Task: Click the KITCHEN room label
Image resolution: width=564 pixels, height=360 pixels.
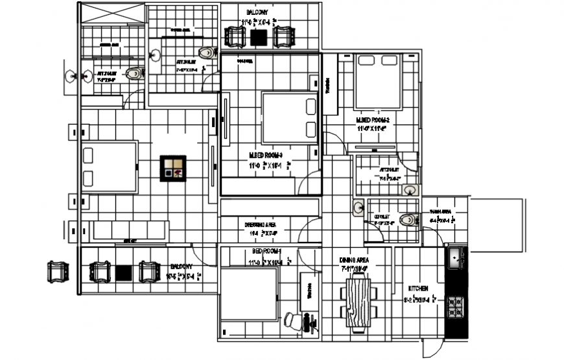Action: pyautogui.click(x=417, y=288)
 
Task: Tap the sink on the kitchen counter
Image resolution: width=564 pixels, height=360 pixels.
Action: pyautogui.click(x=456, y=259)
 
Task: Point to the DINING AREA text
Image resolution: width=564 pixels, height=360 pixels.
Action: pyautogui.click(x=353, y=260)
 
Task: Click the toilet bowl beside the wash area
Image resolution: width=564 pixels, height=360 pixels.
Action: pyautogui.click(x=408, y=220)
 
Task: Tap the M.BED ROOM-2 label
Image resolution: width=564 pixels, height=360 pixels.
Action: pyautogui.click(x=372, y=121)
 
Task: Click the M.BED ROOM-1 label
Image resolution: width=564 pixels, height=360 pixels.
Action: pyautogui.click(x=266, y=156)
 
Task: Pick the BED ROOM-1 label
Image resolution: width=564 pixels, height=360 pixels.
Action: pyautogui.click(x=266, y=251)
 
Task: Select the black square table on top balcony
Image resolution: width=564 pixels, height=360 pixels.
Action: pyautogui.click(x=260, y=37)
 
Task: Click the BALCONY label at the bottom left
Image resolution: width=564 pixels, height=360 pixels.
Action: pyautogui.click(x=181, y=267)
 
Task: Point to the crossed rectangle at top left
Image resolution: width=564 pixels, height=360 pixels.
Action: pyautogui.click(x=112, y=14)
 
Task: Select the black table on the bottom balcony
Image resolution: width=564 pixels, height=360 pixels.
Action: pyautogui.click(x=124, y=273)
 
